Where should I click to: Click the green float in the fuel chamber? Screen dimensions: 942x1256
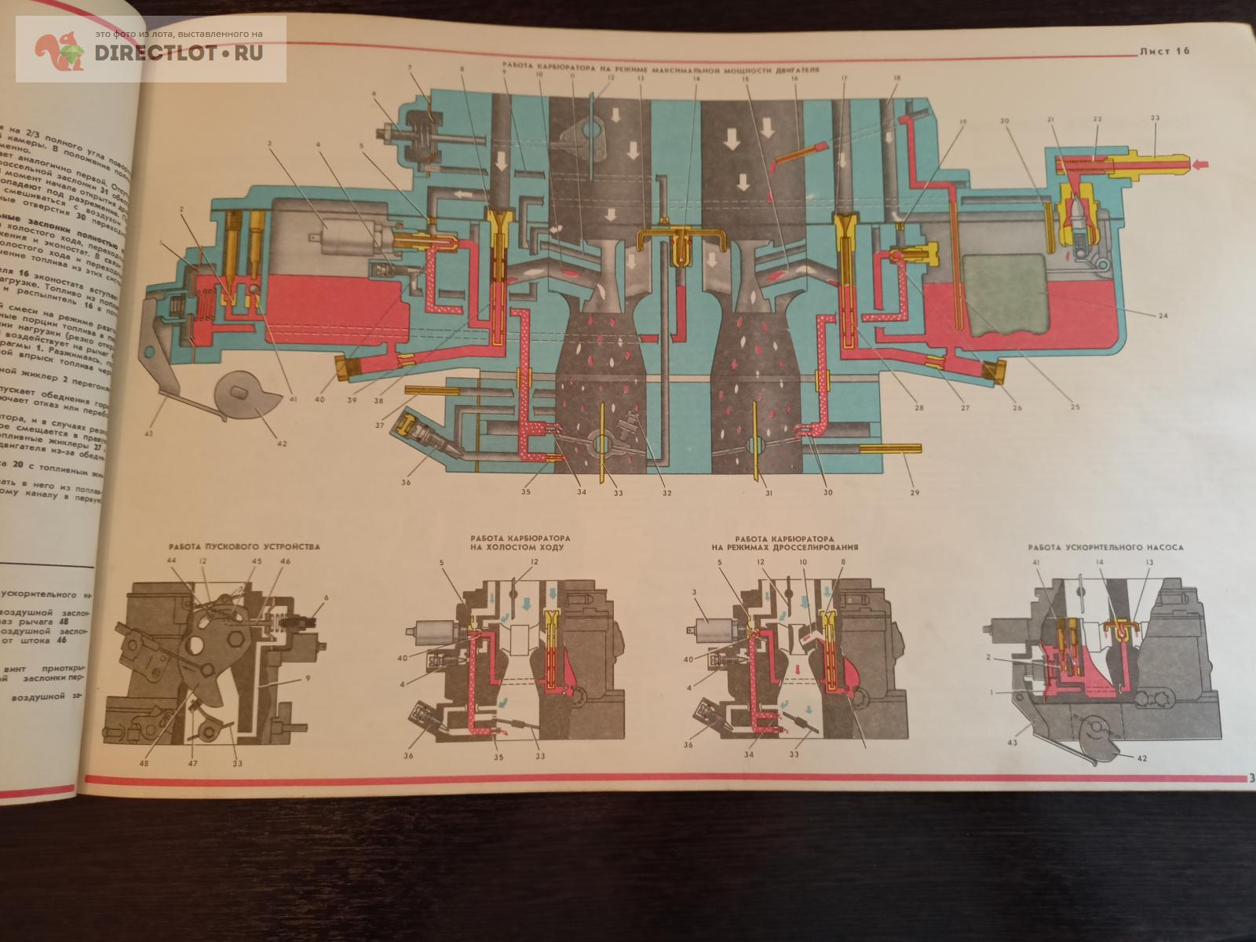tap(1005, 297)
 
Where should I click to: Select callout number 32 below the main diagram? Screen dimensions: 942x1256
tap(666, 493)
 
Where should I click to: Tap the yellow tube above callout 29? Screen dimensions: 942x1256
tap(891, 449)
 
